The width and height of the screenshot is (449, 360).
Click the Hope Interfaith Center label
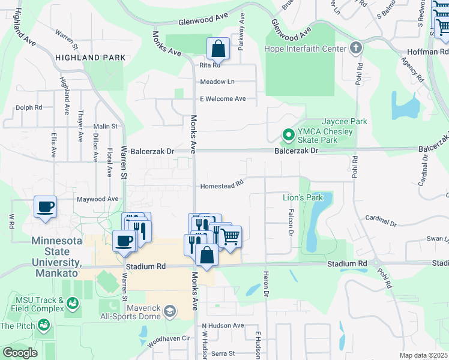coord(306,49)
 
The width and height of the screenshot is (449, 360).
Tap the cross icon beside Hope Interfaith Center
coord(356,48)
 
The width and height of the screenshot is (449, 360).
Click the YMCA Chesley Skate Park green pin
coord(288,136)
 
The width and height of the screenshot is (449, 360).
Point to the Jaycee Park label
coord(345,121)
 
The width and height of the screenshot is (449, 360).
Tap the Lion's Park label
coord(303,197)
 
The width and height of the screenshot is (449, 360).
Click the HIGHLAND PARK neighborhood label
coord(91,58)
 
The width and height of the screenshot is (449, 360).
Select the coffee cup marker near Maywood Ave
coord(46,208)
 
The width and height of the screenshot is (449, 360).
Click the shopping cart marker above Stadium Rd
coord(230,238)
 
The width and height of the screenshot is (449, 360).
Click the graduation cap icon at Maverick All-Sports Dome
coord(170,310)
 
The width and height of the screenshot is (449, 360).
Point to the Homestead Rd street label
coord(221,185)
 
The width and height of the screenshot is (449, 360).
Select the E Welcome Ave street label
coord(223,98)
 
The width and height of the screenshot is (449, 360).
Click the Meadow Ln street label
coord(217,82)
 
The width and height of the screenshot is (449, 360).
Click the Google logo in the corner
coord(20,353)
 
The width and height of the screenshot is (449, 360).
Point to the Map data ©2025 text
coord(423,355)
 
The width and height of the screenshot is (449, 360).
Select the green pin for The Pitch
coord(43,325)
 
